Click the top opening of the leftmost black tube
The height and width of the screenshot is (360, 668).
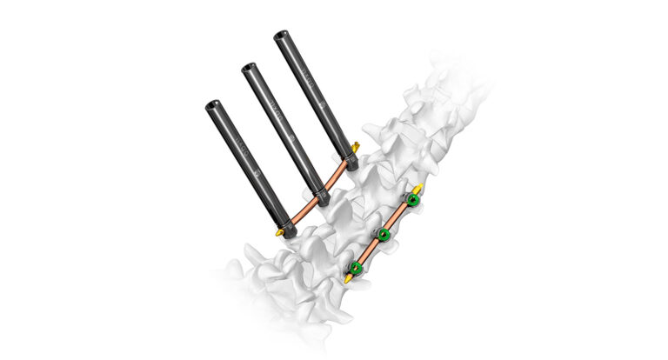212,106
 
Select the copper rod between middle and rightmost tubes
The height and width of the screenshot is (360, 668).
338,178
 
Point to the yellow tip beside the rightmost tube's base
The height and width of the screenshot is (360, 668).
357,144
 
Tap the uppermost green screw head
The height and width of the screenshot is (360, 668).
413,201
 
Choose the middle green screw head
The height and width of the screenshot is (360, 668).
383,234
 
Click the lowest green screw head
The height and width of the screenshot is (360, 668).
355,267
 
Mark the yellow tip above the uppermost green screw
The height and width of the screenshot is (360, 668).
419,189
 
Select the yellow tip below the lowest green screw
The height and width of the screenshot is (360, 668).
347,279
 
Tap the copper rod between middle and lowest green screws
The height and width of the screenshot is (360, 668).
369,250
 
